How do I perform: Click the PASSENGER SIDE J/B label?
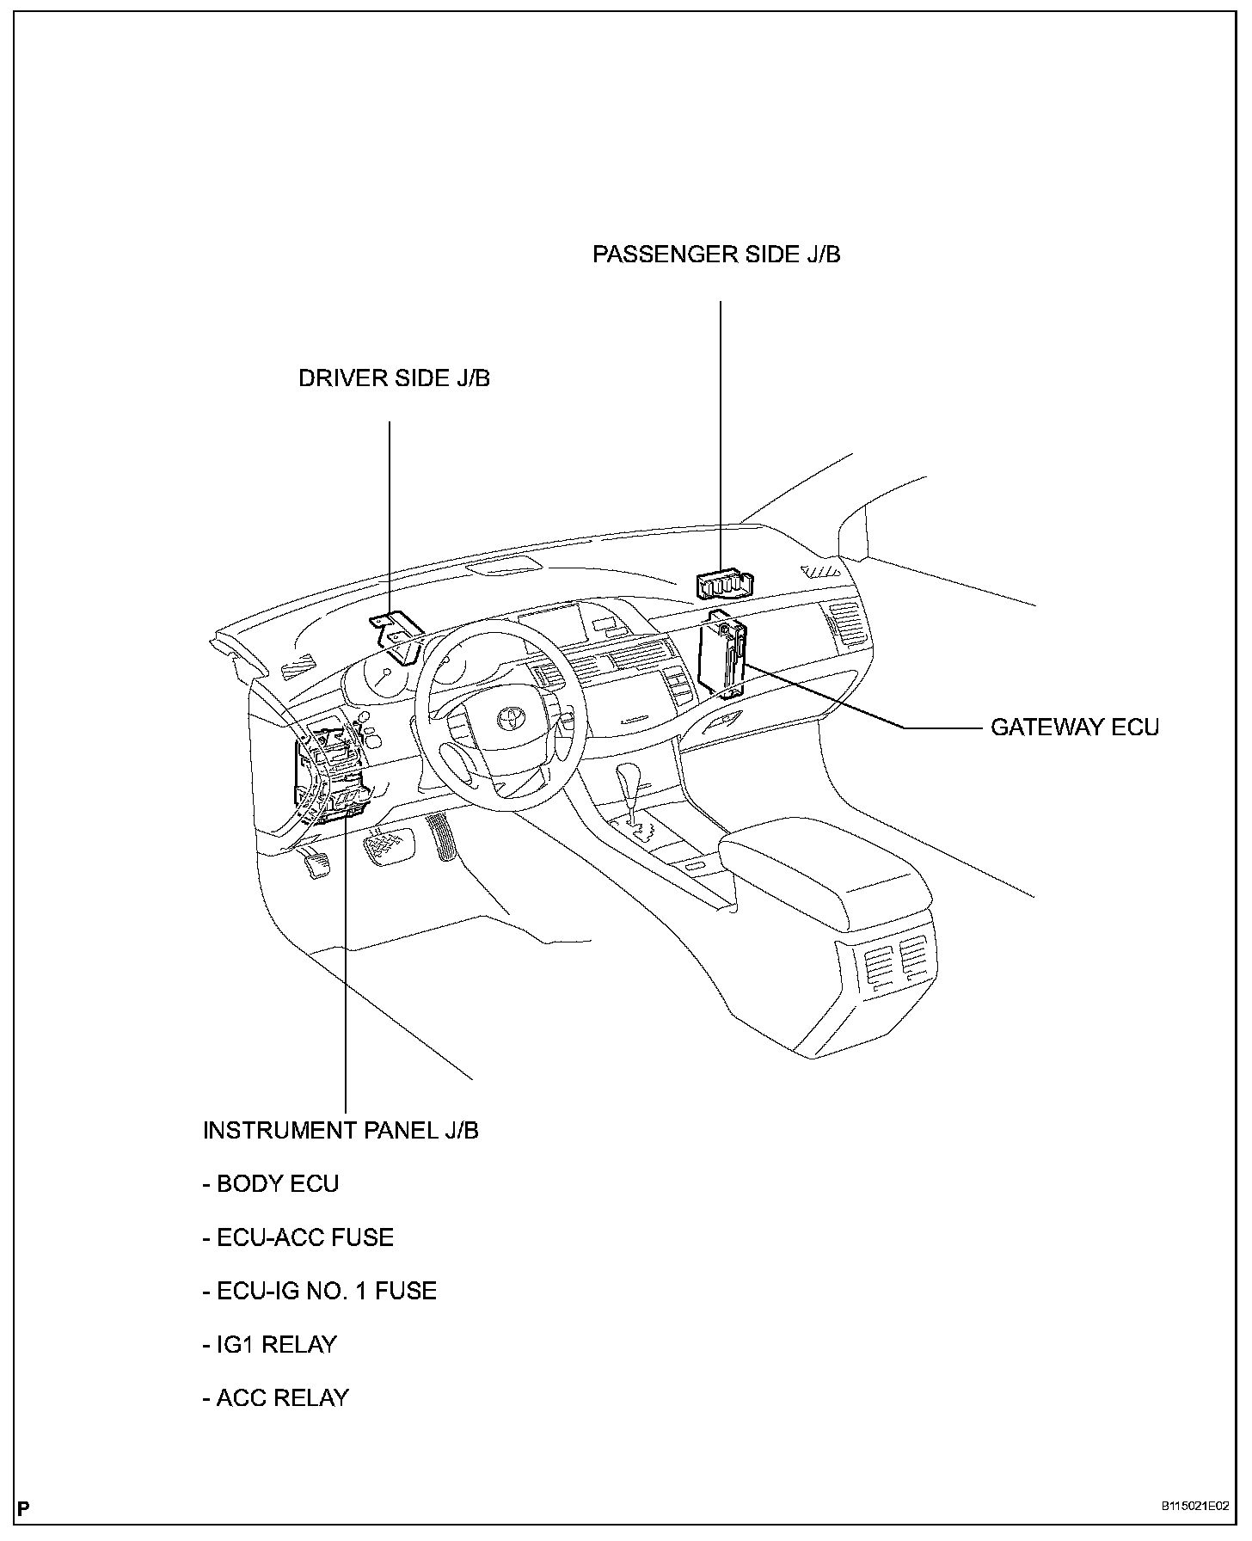pos(715,255)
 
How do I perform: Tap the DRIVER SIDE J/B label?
pos(394,378)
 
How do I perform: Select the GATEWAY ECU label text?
pos(1074,728)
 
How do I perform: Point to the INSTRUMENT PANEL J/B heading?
pos(341,1130)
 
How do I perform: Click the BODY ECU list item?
pos(271,1184)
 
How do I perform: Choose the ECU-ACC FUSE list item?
pos(298,1237)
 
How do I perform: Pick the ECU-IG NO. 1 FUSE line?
pos(320,1291)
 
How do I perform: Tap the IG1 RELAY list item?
pos(270,1344)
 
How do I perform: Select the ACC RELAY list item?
pos(276,1398)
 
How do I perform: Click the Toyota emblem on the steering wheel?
pos(507,716)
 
